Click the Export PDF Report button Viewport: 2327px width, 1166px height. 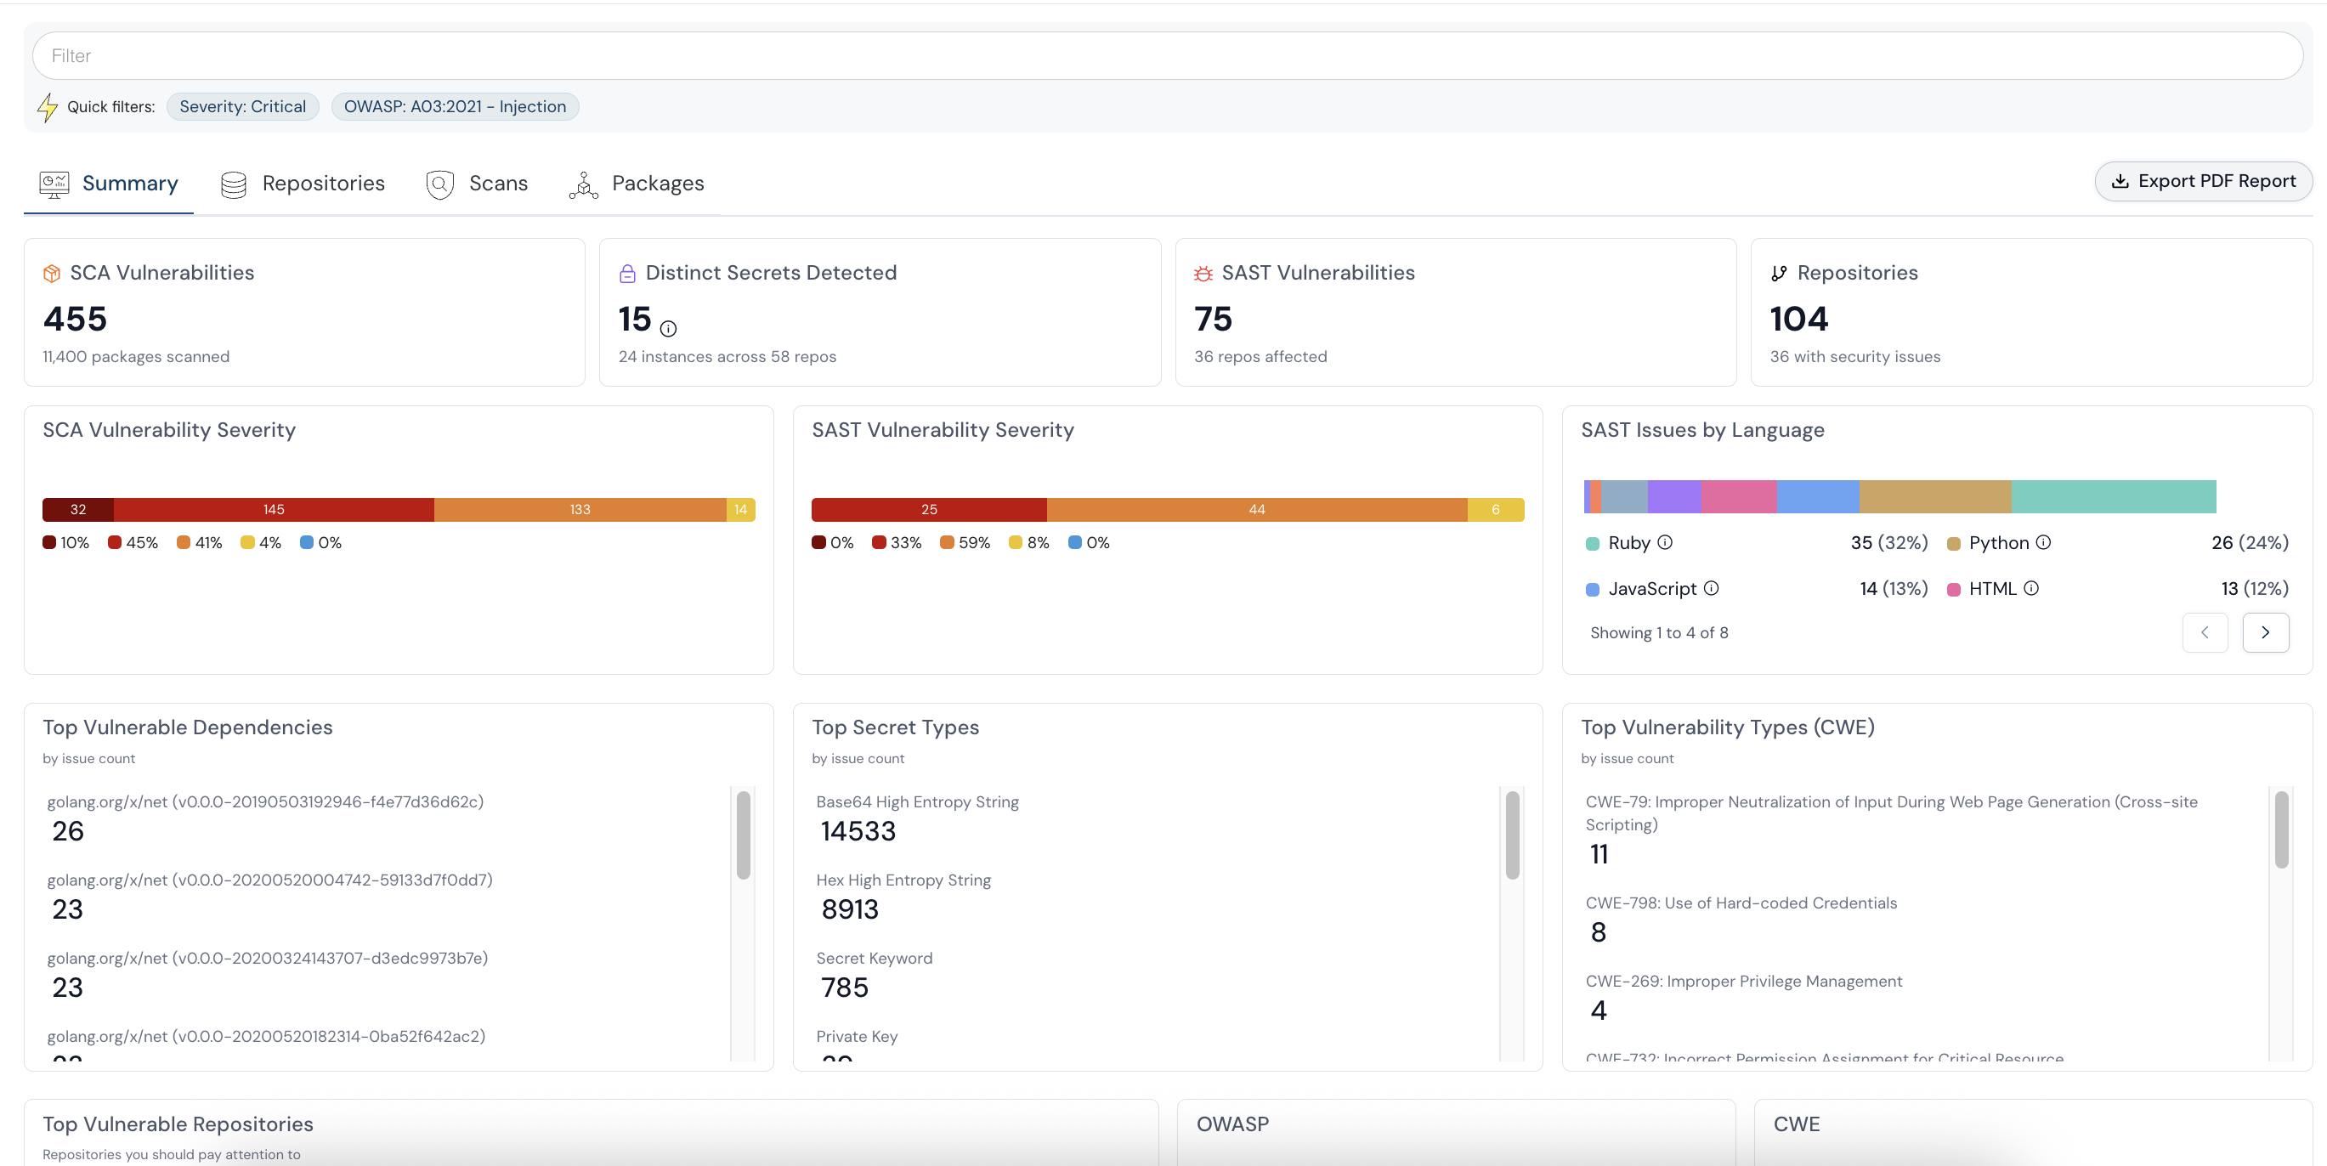[2203, 182]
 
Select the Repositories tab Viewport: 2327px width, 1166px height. [303, 184]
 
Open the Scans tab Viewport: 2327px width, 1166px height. [477, 184]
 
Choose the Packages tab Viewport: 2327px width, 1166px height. [637, 184]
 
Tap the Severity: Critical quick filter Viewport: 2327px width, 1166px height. [242, 106]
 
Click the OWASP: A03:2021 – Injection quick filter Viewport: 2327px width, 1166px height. [455, 106]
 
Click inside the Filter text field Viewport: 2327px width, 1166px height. [1165, 56]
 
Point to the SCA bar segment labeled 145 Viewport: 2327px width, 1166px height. [274, 509]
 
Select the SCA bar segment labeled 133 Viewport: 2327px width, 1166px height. [580, 509]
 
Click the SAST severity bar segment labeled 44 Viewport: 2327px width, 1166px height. [1256, 509]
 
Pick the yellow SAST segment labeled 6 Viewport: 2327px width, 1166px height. [1495, 509]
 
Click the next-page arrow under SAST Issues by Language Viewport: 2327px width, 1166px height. [2265, 632]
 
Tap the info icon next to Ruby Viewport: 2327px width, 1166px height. [1665, 542]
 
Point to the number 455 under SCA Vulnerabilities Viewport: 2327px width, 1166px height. [75, 319]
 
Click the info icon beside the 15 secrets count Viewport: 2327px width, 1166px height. [669, 329]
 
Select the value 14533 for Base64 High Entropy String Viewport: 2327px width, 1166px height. [858, 831]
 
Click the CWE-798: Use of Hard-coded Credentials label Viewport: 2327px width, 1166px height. [1741, 903]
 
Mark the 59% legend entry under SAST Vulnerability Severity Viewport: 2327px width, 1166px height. [965, 543]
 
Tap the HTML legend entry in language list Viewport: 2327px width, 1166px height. [1992, 589]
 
